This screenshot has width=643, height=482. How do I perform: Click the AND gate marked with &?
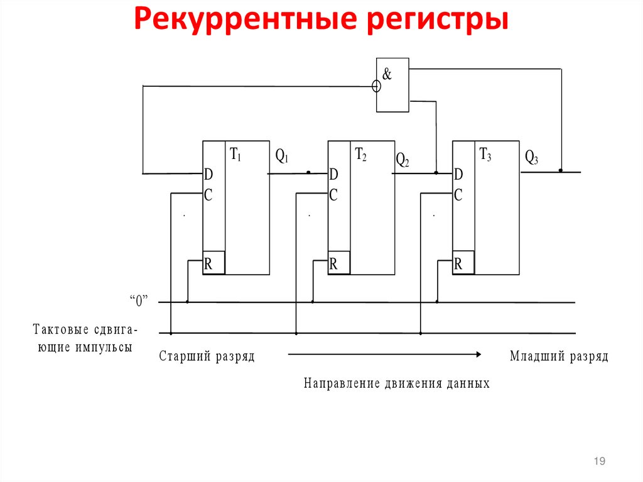[392, 85]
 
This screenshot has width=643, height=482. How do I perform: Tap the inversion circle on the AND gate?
[376, 86]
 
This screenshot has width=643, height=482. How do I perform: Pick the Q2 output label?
[403, 160]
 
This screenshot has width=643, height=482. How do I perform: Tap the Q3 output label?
[532, 158]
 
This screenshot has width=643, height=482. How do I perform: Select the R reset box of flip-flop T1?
[213, 265]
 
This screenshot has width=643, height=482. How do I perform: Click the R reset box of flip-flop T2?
[338, 265]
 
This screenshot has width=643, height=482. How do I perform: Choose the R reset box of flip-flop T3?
[463, 265]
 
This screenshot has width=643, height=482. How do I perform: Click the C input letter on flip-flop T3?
[458, 195]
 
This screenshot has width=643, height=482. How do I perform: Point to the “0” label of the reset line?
[138, 301]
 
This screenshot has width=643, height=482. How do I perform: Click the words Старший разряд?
[207, 357]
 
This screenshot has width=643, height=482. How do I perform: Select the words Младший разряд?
[559, 357]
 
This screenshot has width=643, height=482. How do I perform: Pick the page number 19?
[599, 463]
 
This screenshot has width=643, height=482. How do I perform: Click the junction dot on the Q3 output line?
[561, 170]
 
